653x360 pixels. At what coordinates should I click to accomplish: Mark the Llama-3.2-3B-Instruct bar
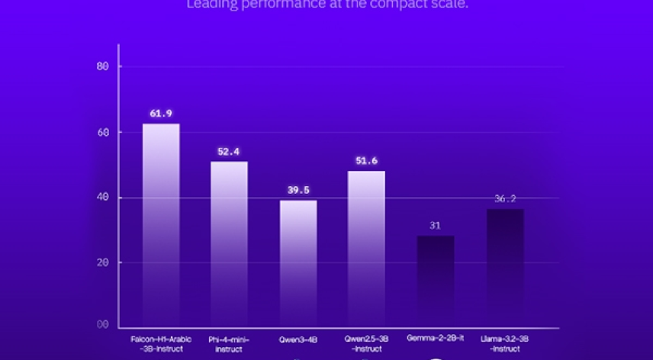505,268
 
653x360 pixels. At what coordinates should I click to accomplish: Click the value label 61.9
161,114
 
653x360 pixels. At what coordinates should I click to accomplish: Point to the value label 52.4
229,152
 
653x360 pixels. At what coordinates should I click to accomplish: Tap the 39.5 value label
298,190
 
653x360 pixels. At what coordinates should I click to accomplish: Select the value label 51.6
366,161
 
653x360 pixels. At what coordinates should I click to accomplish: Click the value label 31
436,226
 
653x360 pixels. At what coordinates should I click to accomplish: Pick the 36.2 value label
505,199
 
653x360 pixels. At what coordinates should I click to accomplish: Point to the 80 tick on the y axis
104,66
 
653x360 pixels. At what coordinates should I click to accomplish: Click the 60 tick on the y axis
104,132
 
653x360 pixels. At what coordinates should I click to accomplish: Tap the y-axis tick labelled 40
104,198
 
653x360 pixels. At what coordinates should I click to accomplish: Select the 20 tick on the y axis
104,262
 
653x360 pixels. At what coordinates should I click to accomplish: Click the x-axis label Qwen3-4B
298,339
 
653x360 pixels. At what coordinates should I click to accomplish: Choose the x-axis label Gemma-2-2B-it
436,338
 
